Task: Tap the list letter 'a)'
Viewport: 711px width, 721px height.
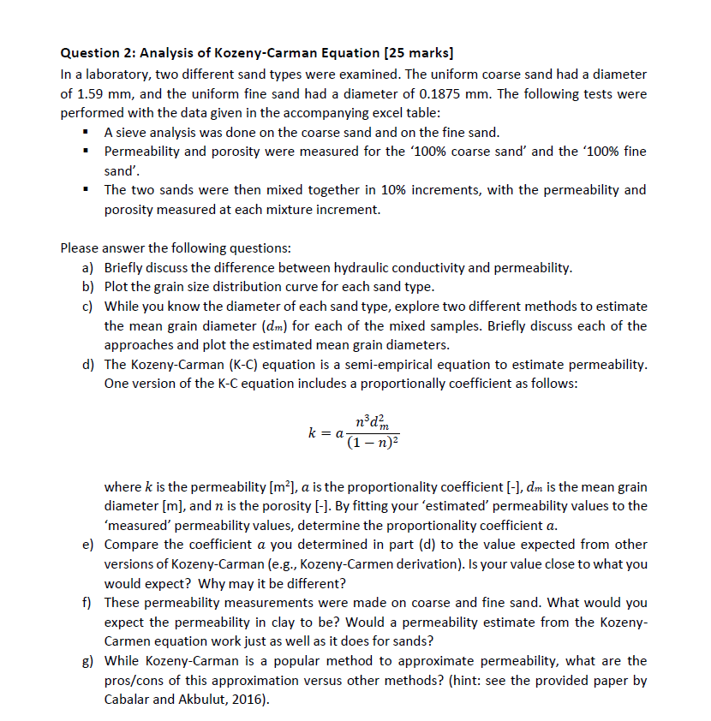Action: coord(88,268)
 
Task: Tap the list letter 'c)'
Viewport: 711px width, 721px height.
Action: coord(88,307)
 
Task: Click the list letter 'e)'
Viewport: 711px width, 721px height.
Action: coord(88,545)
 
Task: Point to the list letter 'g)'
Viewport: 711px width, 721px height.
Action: coord(88,661)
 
